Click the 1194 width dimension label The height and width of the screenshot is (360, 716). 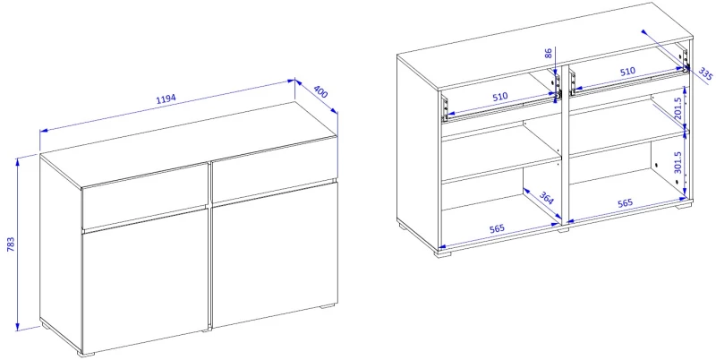tap(166, 99)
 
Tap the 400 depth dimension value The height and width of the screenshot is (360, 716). tap(320, 92)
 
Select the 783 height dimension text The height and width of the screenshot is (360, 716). tap(11, 244)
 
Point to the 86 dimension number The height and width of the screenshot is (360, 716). tap(549, 53)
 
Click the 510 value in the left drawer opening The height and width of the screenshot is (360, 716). tap(499, 97)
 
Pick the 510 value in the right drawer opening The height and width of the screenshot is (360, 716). tap(627, 71)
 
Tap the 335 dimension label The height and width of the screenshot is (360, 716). tap(705, 74)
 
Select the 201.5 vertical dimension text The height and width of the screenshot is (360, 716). tap(678, 108)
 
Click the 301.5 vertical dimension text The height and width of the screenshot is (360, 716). tap(678, 163)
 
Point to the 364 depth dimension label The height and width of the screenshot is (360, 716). tap(547, 198)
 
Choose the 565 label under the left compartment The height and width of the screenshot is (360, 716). tap(498, 228)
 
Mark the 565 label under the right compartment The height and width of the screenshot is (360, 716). tap(626, 202)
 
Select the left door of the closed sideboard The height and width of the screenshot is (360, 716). tap(145, 282)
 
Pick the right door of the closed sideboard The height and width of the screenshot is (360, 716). tap(275, 255)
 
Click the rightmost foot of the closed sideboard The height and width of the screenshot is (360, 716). tap(326, 307)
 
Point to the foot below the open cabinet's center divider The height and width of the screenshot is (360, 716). tap(563, 229)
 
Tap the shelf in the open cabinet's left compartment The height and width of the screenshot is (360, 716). tap(501, 171)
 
